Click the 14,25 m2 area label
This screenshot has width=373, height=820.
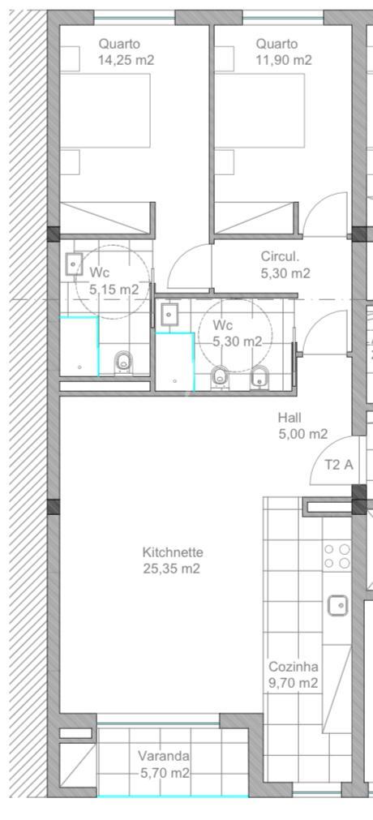(x=126, y=60)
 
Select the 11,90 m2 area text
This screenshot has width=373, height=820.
(x=284, y=60)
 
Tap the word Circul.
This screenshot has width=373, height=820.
(x=280, y=257)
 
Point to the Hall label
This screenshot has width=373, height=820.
(x=289, y=418)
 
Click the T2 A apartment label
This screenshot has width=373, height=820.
(x=338, y=465)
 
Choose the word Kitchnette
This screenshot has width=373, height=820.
(x=173, y=552)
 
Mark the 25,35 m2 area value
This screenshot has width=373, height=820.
(x=172, y=569)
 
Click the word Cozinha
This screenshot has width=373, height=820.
(x=293, y=667)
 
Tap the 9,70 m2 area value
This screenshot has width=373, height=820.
(x=293, y=683)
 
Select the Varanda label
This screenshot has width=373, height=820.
(x=164, y=756)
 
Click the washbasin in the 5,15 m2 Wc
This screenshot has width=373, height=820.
(x=74, y=264)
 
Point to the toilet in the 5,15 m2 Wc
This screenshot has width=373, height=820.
(x=123, y=362)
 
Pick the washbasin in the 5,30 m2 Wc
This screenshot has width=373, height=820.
(x=169, y=316)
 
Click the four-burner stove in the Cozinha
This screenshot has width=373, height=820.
(x=337, y=556)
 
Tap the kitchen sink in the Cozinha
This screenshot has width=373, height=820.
(x=338, y=606)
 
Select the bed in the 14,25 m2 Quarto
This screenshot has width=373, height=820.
(x=105, y=110)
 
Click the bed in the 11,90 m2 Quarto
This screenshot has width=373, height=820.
(x=259, y=110)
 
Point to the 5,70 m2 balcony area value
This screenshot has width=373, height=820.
(x=165, y=772)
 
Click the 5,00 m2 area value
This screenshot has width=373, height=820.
(x=303, y=434)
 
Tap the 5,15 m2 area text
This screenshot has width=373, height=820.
(x=114, y=290)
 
